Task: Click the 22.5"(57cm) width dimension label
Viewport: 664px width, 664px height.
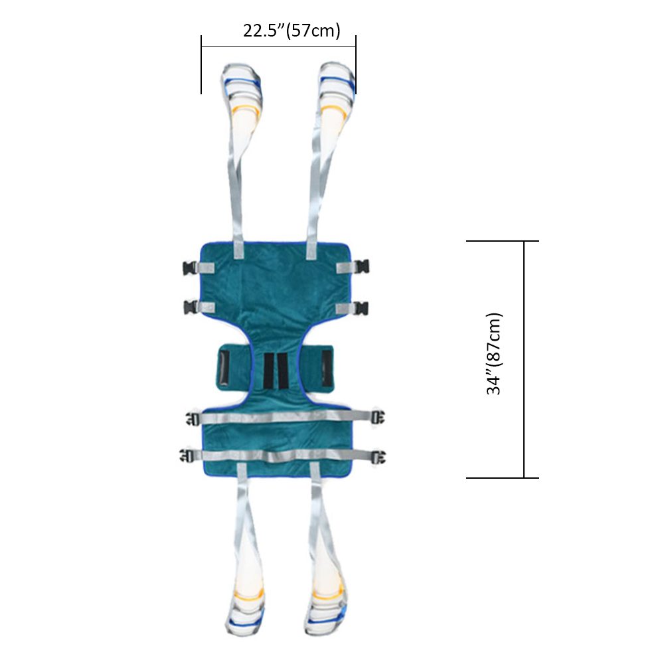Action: pyautogui.click(x=291, y=31)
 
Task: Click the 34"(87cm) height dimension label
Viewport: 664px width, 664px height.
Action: pyautogui.click(x=494, y=354)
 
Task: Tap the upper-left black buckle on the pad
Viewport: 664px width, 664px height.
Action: pyautogui.click(x=189, y=268)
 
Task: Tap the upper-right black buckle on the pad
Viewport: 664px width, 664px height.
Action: pyautogui.click(x=363, y=267)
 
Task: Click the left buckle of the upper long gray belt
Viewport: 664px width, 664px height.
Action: pyautogui.click(x=193, y=419)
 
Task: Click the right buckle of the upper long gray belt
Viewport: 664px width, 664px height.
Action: pyautogui.click(x=378, y=417)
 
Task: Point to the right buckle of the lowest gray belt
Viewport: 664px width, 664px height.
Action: pyautogui.click(x=378, y=457)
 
